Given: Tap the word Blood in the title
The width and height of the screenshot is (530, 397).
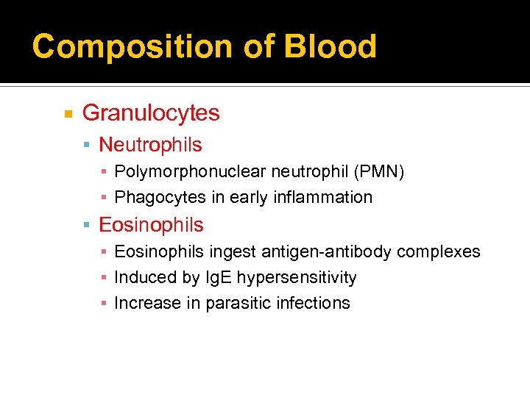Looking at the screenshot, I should pos(331,46).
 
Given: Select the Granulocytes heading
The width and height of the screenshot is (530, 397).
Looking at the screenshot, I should pos(151,113).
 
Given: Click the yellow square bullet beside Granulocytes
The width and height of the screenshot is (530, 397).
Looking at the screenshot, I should pos(68,114).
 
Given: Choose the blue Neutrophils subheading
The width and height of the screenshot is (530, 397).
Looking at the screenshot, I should pos(150,146).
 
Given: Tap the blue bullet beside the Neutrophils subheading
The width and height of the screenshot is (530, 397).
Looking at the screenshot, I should pos(88,146).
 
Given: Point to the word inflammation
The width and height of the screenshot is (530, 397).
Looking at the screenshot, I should pos(327,197).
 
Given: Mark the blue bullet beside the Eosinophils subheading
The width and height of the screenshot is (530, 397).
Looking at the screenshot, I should pos(88,225).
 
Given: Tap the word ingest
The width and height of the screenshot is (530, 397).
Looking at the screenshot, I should pos(230,252).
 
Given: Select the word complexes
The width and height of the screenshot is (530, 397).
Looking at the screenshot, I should pos(438,252).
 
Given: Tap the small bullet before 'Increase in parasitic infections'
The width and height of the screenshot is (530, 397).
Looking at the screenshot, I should pos(105,303).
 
